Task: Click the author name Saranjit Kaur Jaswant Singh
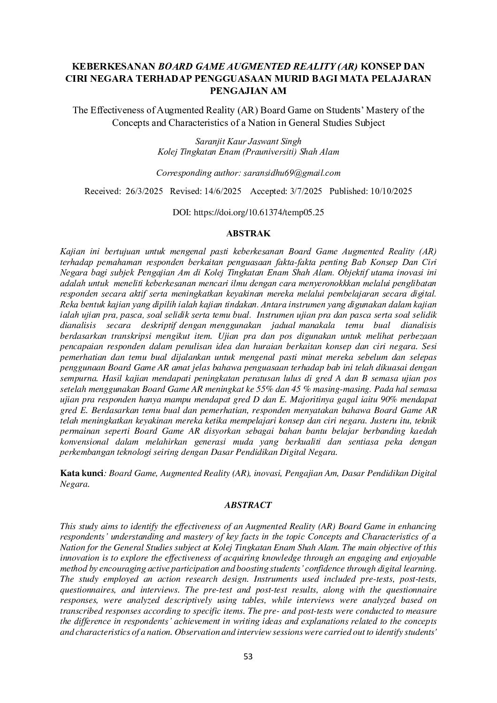248,141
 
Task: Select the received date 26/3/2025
145,191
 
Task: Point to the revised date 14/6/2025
223,191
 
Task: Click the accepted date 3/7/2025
305,191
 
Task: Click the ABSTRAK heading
248,233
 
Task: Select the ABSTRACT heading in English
248,505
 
